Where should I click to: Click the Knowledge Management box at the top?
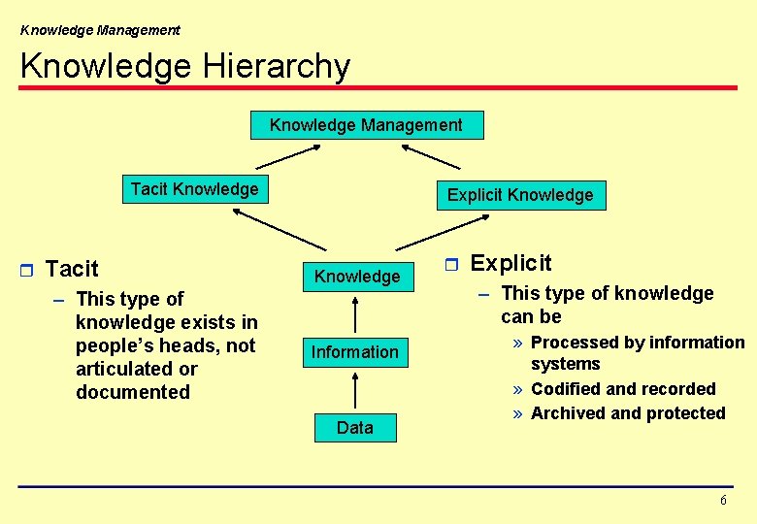click(x=366, y=125)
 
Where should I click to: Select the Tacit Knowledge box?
click(x=194, y=189)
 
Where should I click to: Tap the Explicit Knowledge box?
click(x=519, y=195)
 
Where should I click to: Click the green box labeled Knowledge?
click(x=356, y=277)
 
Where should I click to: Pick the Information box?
click(x=354, y=352)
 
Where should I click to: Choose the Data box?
click(x=354, y=428)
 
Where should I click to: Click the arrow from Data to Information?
click(x=356, y=390)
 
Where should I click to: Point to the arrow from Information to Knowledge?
click(x=356, y=314)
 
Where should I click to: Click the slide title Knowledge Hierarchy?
click(x=184, y=66)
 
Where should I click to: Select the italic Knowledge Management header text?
click(x=100, y=30)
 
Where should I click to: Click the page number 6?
click(x=723, y=500)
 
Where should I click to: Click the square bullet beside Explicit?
click(x=449, y=264)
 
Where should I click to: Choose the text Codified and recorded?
click(x=623, y=389)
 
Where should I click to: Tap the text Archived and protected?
click(x=628, y=413)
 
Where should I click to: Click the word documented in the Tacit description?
click(x=133, y=392)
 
